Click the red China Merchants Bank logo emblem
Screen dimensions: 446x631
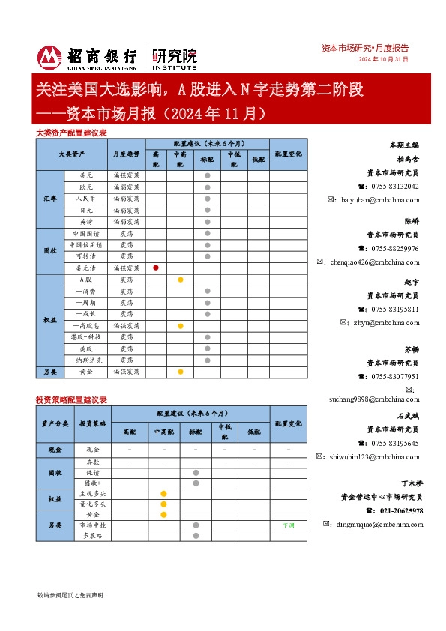[x=49, y=57]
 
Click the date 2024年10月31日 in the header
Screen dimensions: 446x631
[x=383, y=59]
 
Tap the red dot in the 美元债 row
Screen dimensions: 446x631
[x=155, y=268]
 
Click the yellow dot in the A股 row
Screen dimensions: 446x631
[x=181, y=279]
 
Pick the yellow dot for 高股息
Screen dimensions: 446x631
[x=181, y=326]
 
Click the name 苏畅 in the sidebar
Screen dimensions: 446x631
[x=411, y=350]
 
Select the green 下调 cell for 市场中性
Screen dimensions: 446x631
[x=288, y=526]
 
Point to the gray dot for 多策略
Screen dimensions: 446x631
[x=195, y=537]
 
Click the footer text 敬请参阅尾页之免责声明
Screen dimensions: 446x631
[x=70, y=594]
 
